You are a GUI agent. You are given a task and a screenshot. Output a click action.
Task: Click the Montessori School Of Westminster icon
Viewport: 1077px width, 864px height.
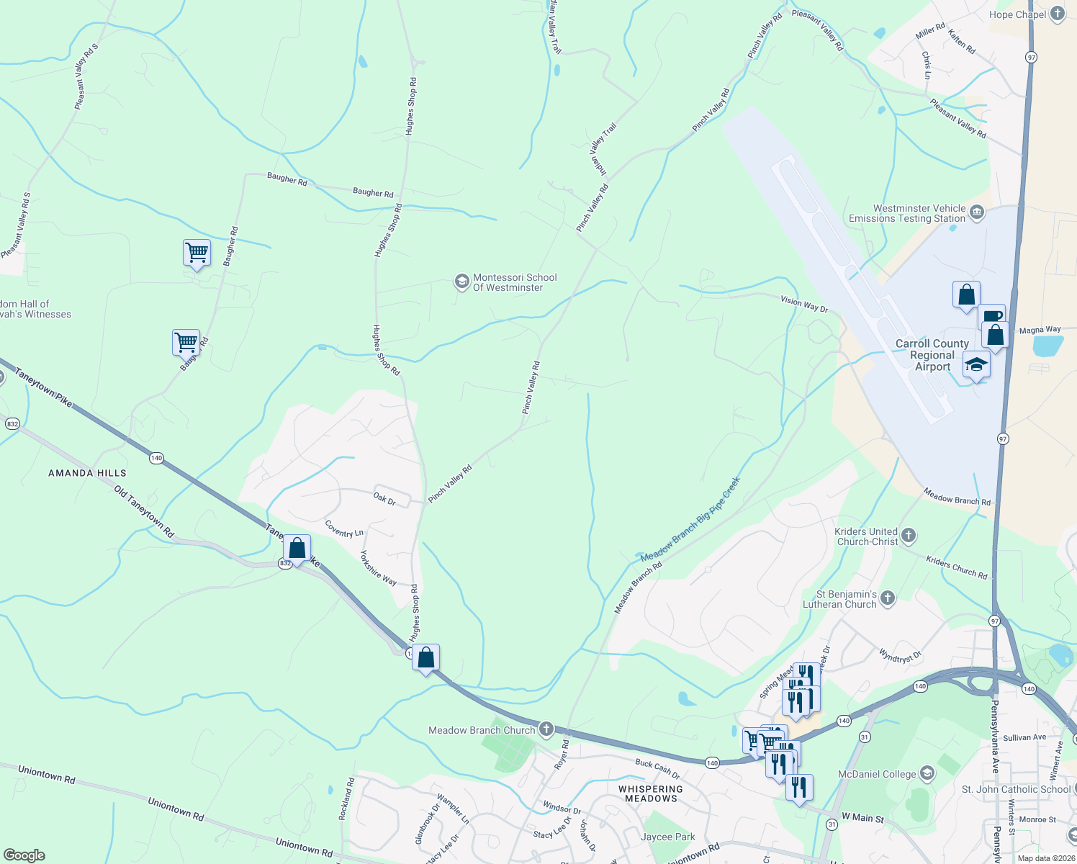[x=461, y=282]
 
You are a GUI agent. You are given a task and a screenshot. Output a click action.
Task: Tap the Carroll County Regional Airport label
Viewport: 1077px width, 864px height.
[x=932, y=355]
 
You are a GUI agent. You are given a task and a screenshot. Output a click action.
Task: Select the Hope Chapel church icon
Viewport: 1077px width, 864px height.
[x=1057, y=14]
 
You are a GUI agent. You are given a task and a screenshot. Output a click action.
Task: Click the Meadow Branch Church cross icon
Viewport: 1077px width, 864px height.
[x=546, y=730]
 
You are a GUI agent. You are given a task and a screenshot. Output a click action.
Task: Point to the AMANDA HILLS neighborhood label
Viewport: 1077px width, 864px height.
[x=87, y=473]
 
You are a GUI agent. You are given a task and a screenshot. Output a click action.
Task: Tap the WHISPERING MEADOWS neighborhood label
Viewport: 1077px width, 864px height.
[x=651, y=793]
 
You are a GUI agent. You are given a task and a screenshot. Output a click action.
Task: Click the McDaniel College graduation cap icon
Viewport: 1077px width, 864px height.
[x=927, y=774]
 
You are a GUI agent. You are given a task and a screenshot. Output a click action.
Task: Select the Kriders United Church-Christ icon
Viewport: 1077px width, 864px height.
[x=909, y=535]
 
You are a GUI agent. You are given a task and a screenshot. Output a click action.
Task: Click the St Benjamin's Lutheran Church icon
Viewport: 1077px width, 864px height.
[x=888, y=598]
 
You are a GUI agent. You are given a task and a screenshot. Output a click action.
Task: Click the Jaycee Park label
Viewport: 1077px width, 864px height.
[x=668, y=837]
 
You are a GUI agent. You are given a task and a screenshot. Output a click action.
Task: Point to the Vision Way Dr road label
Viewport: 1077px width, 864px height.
[x=805, y=304]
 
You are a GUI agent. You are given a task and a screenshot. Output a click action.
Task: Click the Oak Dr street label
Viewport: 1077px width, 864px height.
[x=384, y=498]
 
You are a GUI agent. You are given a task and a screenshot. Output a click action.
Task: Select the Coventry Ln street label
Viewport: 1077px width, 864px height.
[x=344, y=529]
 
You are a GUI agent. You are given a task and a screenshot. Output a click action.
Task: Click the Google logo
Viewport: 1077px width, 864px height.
[x=24, y=855]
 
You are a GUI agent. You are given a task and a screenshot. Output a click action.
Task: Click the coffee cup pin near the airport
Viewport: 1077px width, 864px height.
[x=991, y=317]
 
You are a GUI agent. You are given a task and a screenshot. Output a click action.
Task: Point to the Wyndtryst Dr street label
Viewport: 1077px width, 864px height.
[x=900, y=655]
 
